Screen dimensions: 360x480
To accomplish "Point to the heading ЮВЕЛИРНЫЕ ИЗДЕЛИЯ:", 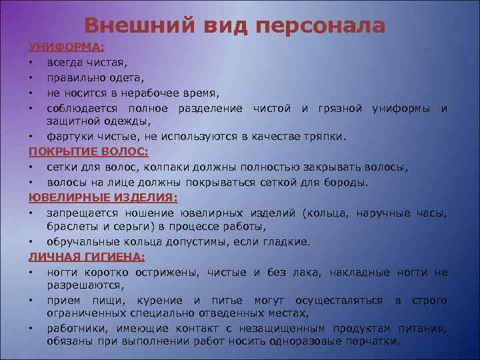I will click(x=103, y=198).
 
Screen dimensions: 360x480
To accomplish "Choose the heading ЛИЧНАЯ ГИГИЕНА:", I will click(x=87, y=257).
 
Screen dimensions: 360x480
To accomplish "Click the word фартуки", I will click(x=69, y=137).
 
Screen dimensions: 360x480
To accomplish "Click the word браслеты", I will click(x=71, y=227).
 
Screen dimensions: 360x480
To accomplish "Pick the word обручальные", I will click(x=83, y=241).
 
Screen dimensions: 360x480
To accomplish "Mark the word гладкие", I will click(x=289, y=241).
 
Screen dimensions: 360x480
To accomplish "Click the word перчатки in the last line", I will click(x=376, y=341).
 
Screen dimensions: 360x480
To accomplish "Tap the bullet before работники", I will click(x=31, y=329).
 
